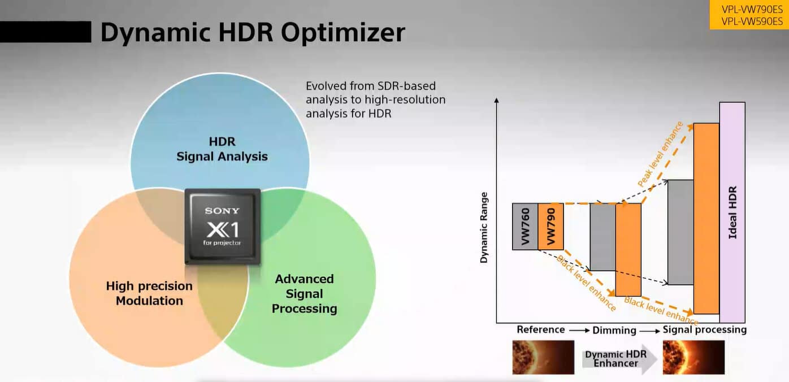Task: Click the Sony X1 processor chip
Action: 223,227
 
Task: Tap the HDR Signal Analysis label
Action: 222,149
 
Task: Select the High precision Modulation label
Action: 149,293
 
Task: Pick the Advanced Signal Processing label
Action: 304,294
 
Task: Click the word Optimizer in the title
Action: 343,33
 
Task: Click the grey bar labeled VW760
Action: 525,227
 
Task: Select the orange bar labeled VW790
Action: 551,227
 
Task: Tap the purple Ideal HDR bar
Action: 732,212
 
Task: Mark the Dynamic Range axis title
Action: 484,227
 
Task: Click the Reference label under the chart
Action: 541,329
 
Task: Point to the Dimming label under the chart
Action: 614,330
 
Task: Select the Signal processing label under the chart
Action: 704,330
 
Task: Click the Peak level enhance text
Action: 661,154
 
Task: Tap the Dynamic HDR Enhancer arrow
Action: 619,359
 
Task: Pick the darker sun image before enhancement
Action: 543,357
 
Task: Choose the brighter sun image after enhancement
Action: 693,357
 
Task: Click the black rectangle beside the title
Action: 45,32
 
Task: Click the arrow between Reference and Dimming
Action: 579,330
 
